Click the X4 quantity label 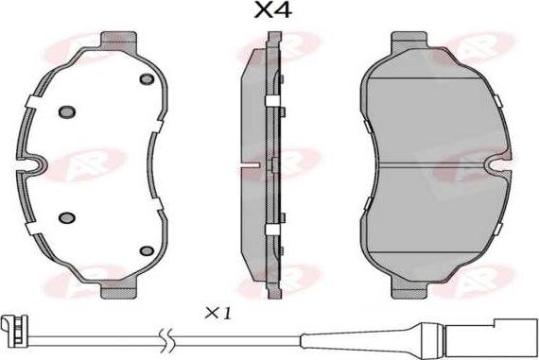[273, 10]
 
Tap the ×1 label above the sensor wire [218, 314]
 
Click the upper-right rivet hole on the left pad [147, 79]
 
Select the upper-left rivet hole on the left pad [67, 111]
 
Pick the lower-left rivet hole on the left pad [67, 217]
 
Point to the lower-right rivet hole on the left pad [147, 250]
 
